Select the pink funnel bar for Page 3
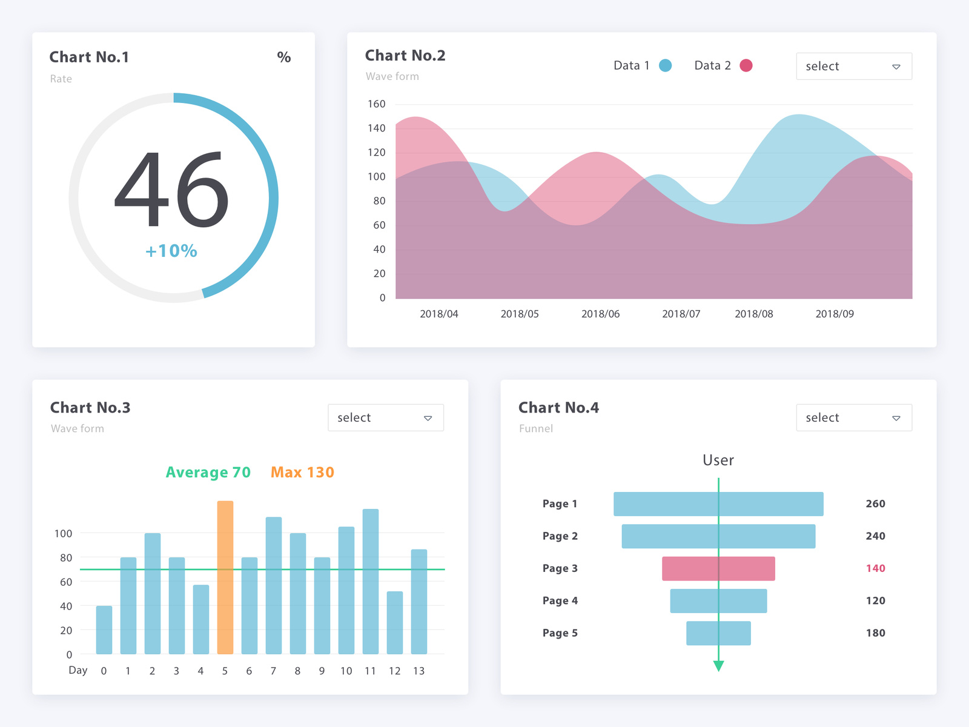[x=718, y=568]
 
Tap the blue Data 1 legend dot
[x=665, y=65]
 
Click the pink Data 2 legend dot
[x=746, y=65]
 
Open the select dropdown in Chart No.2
[x=853, y=66]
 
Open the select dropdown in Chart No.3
[x=385, y=417]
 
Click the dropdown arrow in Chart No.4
[x=896, y=418]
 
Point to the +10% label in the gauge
[x=171, y=251]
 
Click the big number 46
[x=171, y=190]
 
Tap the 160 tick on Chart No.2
[x=376, y=104]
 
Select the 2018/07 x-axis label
[x=681, y=314]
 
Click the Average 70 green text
[x=208, y=472]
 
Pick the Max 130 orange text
[x=302, y=472]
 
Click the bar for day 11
[x=370, y=582]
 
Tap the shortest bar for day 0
[x=104, y=630]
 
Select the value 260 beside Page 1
[x=875, y=503]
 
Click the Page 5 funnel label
[x=560, y=633]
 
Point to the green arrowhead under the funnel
[x=718, y=666]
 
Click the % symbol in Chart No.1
[x=283, y=58]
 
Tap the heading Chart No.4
[x=558, y=408]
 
